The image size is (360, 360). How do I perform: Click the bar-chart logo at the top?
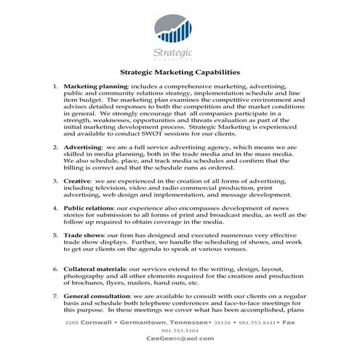[x=174, y=28]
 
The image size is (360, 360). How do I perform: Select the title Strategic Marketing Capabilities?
[x=180, y=73]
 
